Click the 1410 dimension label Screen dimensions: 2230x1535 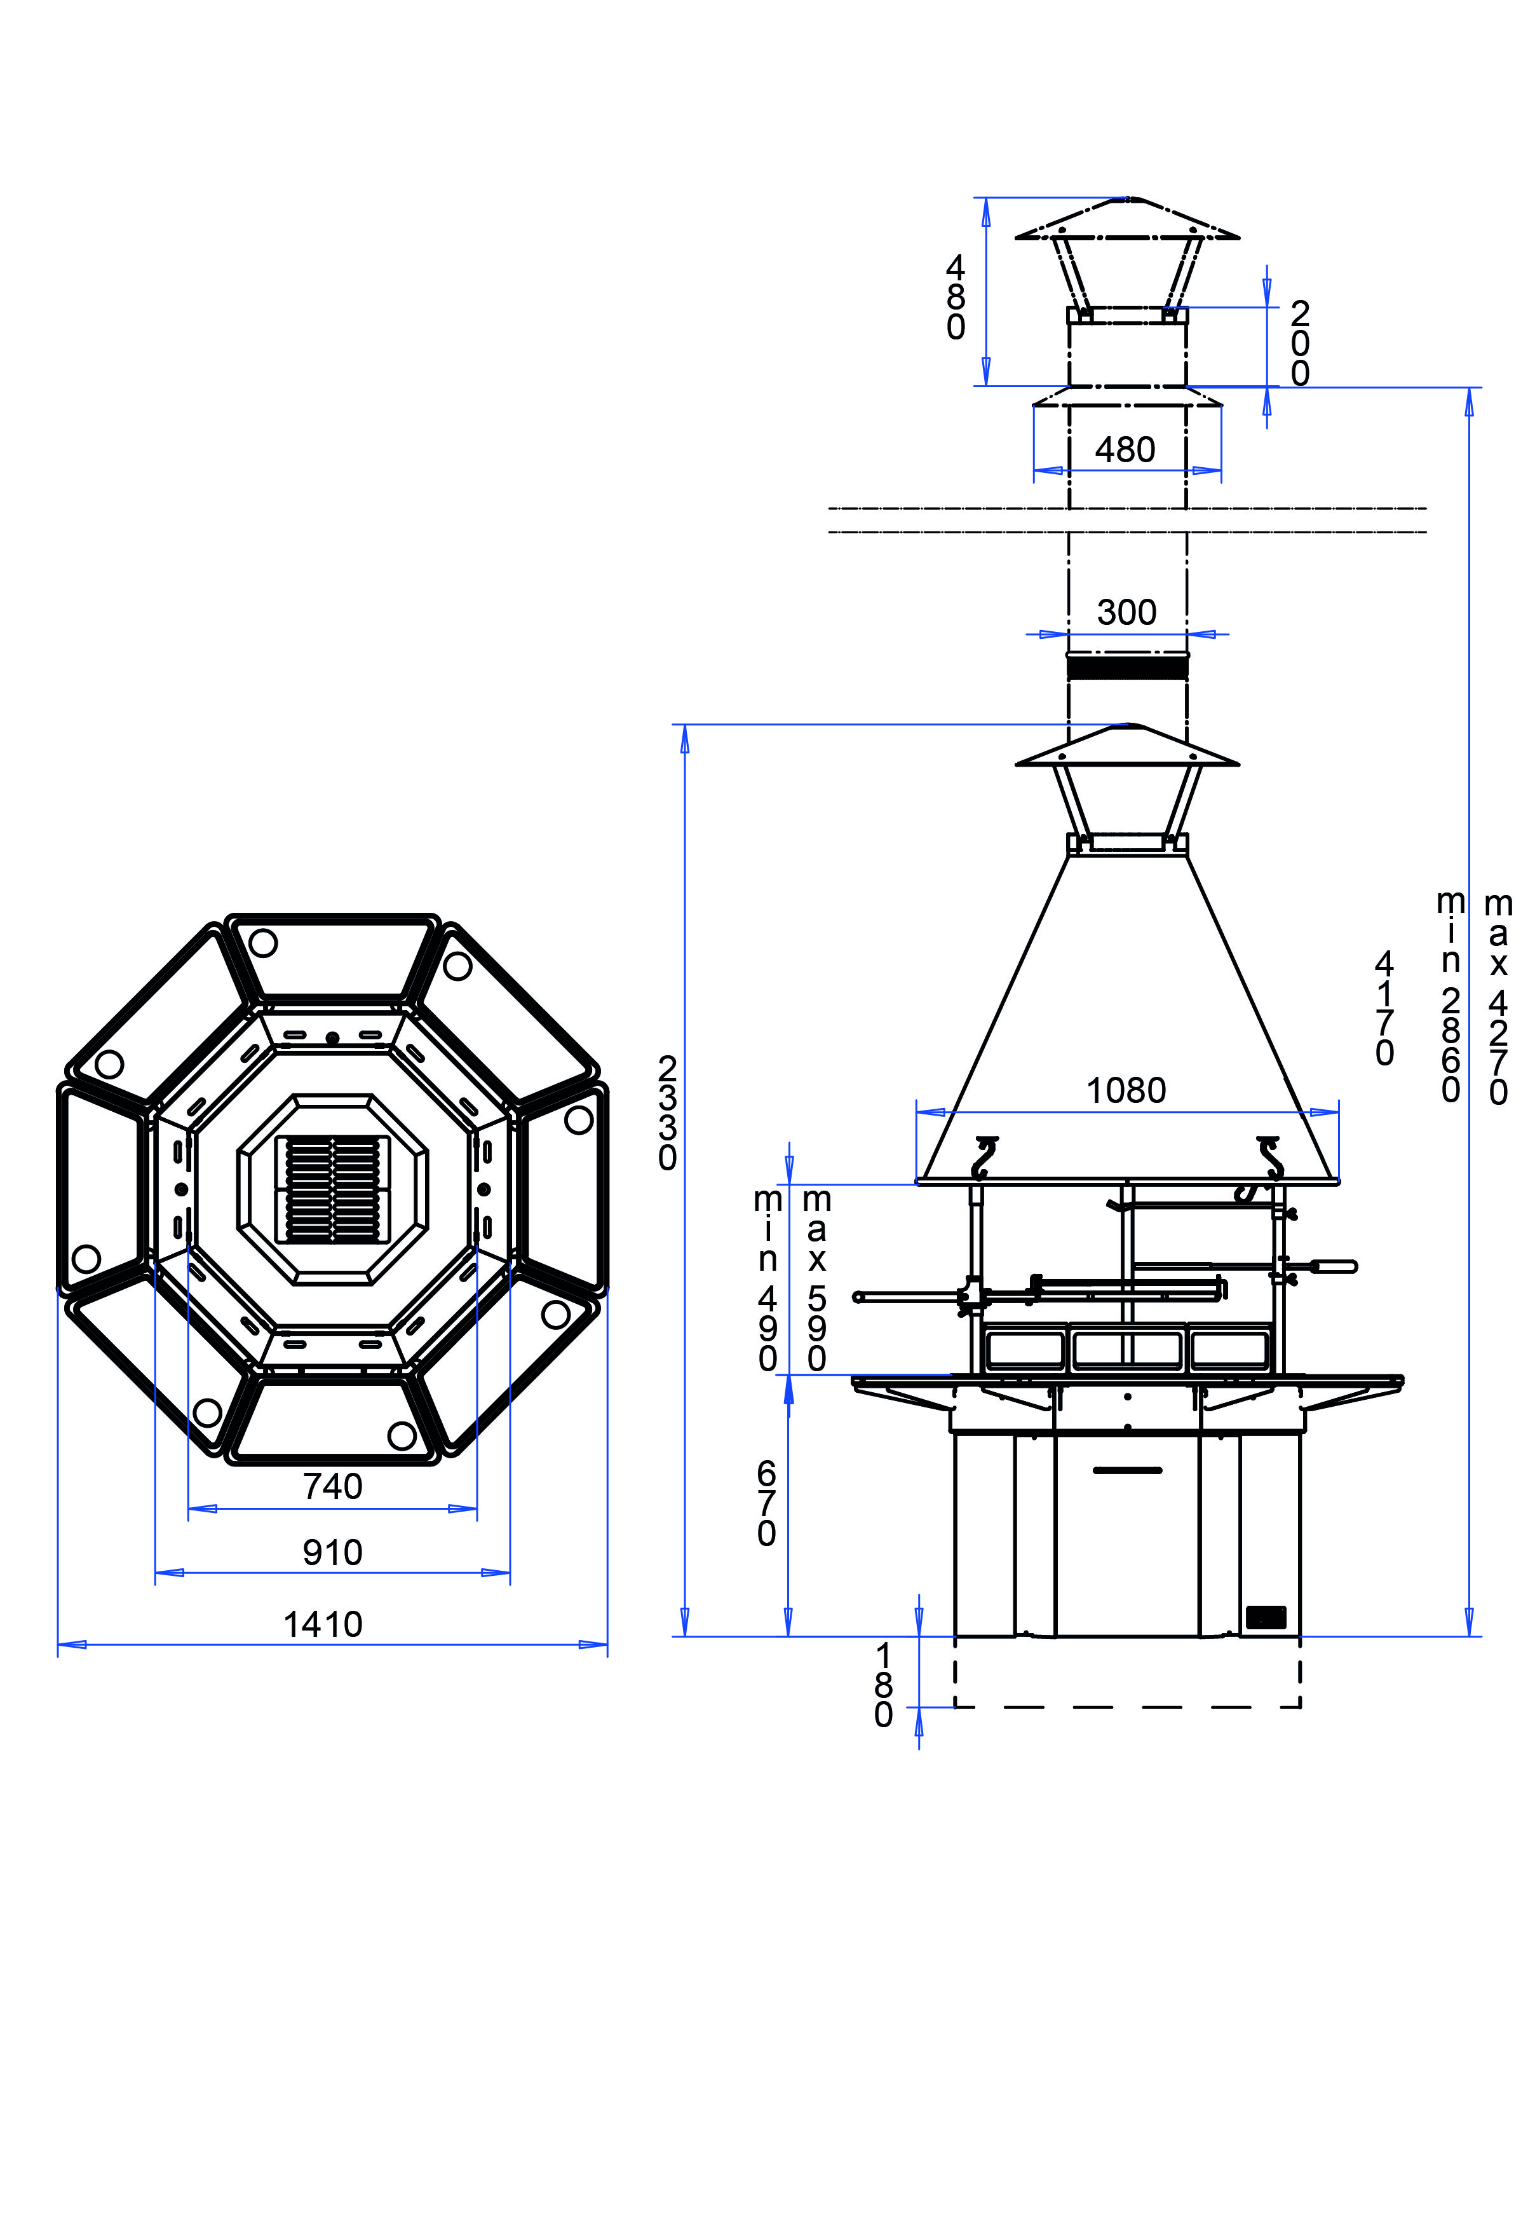323,1625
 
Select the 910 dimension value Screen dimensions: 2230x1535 333,1553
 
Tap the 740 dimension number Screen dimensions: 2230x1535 333,1488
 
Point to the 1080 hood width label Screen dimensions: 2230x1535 1125,1090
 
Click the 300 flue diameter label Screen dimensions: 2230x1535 1126,612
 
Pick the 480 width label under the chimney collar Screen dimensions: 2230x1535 1125,449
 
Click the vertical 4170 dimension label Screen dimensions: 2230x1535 1384,1008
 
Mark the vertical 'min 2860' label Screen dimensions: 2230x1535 1450,997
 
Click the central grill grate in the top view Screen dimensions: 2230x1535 333,1189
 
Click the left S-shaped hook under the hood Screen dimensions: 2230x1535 985,1158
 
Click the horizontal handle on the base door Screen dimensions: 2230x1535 1127,1470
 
